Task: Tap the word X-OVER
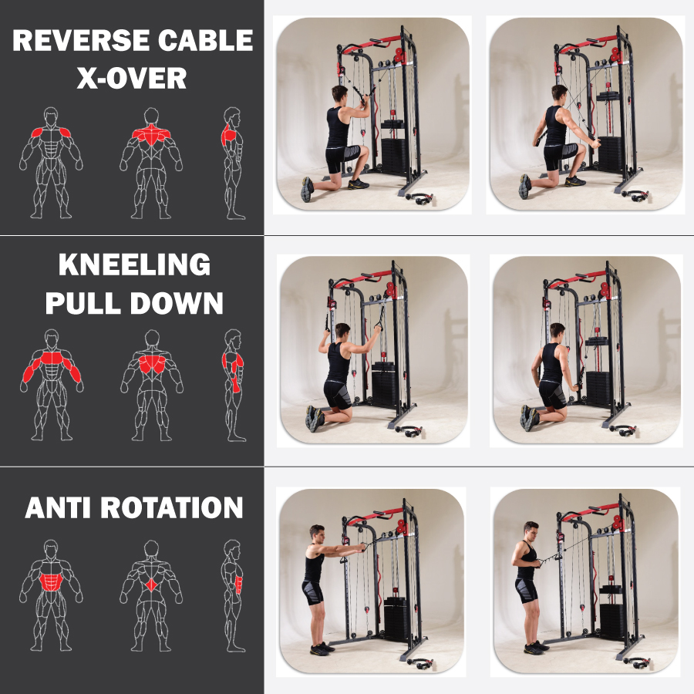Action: point(132,79)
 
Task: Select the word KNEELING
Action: point(134,264)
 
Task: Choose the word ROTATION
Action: point(172,507)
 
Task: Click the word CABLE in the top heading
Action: point(205,40)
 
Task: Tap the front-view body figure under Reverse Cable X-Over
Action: point(51,163)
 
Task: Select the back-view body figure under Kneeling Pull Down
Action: point(152,385)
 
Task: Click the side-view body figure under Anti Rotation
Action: point(233,596)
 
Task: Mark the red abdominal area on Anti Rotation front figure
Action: point(52,582)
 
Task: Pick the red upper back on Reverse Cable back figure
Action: point(151,134)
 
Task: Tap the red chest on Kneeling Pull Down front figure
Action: point(52,358)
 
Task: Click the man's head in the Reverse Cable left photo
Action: point(340,94)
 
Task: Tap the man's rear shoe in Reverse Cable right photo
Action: point(525,187)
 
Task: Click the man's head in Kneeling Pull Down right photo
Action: point(558,330)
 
